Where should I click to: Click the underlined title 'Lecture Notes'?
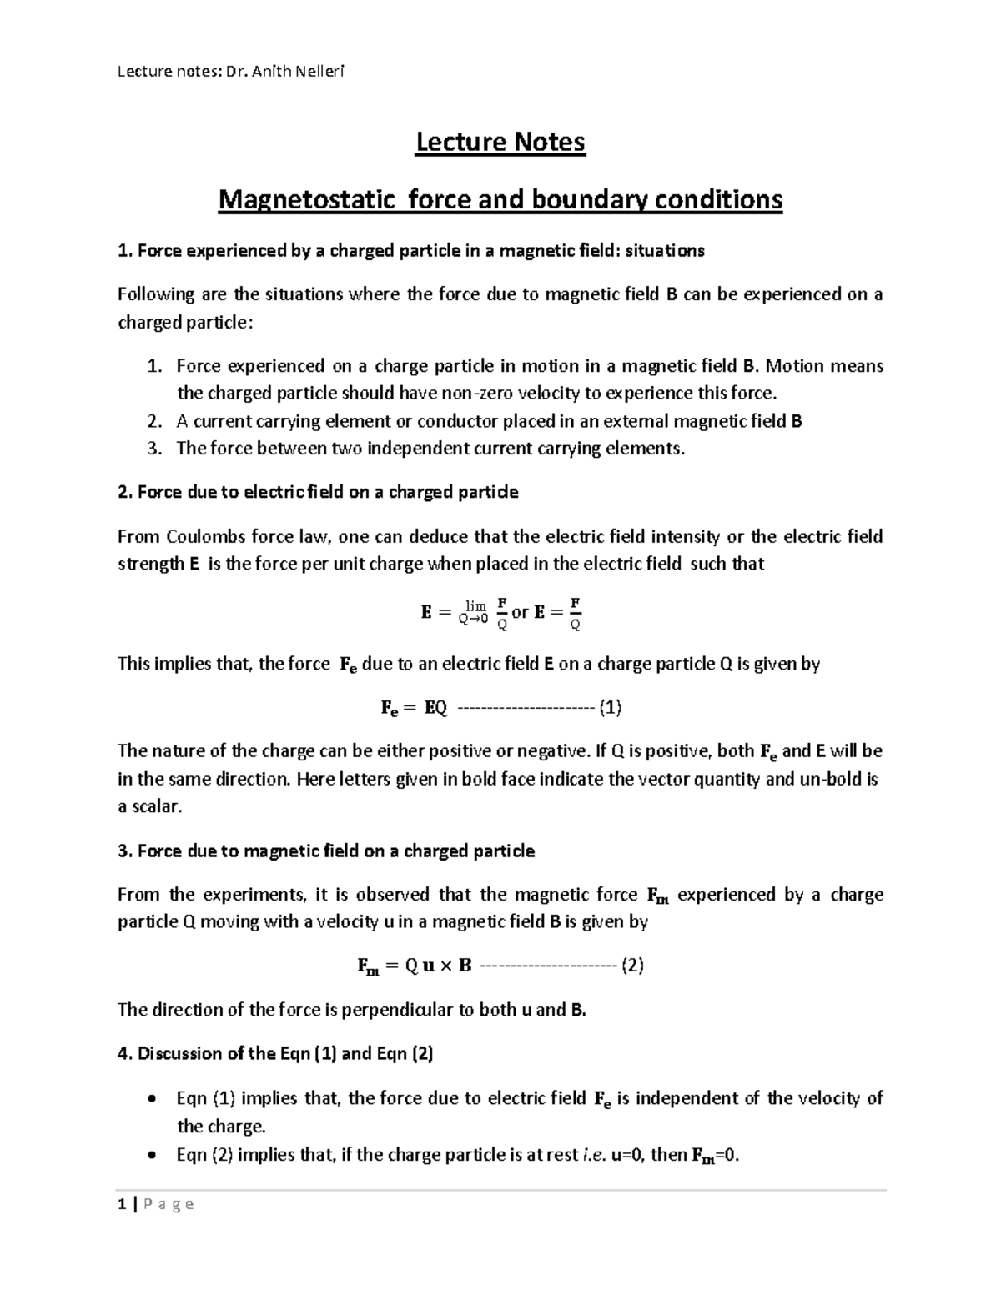pyautogui.click(x=500, y=143)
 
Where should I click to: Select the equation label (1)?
pyautogui.click(x=611, y=708)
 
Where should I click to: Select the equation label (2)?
pyautogui.click(x=632, y=966)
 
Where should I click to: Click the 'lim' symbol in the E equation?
pyautogui.click(x=475, y=605)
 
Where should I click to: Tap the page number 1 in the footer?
pyautogui.click(x=122, y=1203)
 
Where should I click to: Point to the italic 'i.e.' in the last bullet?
pyautogui.click(x=593, y=1156)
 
